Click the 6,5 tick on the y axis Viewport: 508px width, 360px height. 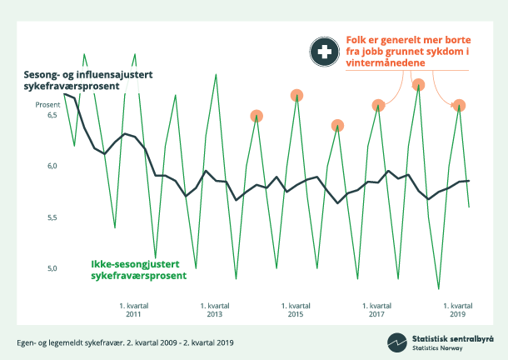pyautogui.click(x=51, y=115)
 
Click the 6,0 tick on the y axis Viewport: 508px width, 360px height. pyautogui.click(x=51, y=167)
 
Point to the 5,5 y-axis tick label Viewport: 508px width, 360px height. pyautogui.click(x=51, y=217)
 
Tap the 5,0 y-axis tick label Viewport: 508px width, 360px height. pyautogui.click(x=51, y=268)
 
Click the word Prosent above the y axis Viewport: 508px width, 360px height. pyautogui.click(x=47, y=105)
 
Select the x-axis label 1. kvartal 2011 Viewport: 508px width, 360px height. pyautogui.click(x=133, y=310)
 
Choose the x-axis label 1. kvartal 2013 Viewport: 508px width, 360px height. pyautogui.click(x=214, y=310)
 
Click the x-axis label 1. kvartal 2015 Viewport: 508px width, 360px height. pyautogui.click(x=296, y=310)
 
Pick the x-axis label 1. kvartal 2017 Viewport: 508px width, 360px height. pyautogui.click(x=376, y=310)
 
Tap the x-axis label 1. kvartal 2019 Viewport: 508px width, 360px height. pyautogui.click(x=458, y=310)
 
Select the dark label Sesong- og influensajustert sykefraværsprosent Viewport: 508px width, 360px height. pyautogui.click(x=87, y=82)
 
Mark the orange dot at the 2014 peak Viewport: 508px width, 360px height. pyautogui.click(x=256, y=116)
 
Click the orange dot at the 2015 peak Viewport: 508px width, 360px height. pyautogui.click(x=296, y=95)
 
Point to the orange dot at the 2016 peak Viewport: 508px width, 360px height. pyautogui.click(x=337, y=126)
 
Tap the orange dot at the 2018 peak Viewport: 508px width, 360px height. pyautogui.click(x=419, y=84)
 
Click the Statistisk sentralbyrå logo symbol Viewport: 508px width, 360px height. pyautogui.click(x=396, y=342)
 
